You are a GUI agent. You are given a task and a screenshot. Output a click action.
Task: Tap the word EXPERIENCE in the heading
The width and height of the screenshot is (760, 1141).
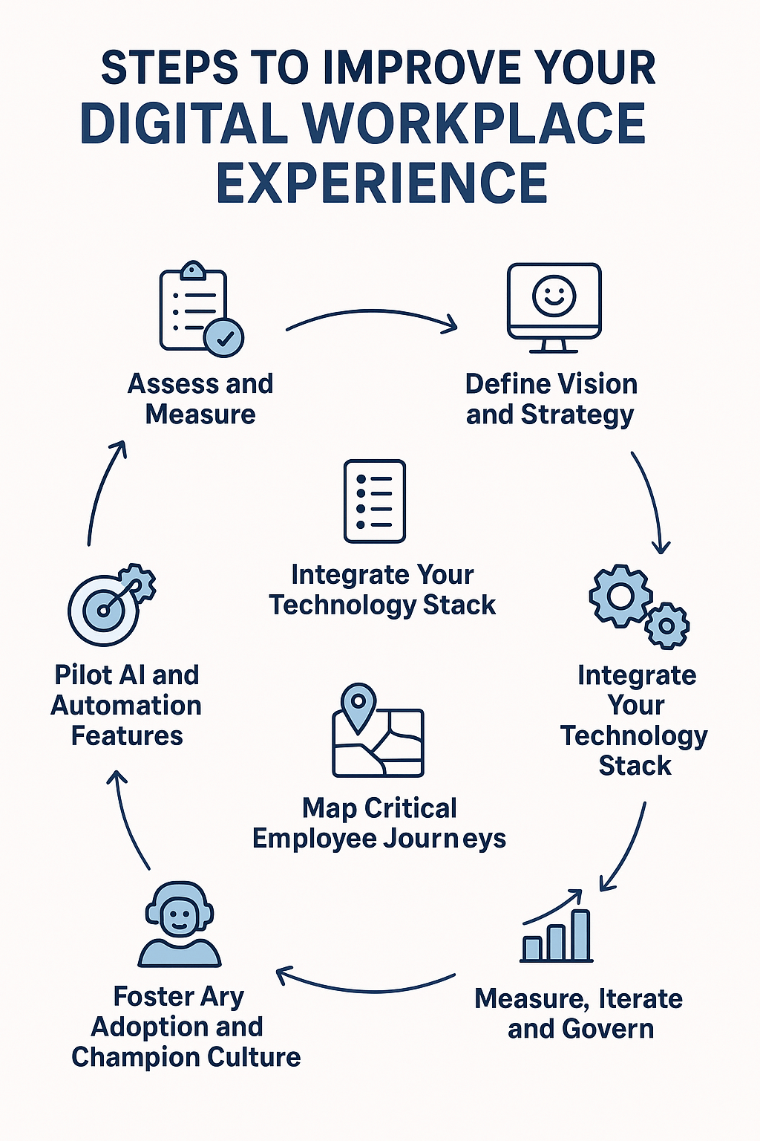click(381, 183)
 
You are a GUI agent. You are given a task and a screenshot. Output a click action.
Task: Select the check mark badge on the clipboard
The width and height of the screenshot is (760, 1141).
click(223, 338)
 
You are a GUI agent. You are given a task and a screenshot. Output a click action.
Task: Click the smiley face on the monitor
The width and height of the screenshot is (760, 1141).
click(554, 295)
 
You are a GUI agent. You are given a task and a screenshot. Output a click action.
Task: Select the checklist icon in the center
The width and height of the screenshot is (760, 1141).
click(375, 501)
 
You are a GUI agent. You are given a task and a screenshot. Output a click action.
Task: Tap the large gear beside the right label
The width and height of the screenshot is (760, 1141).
click(620, 596)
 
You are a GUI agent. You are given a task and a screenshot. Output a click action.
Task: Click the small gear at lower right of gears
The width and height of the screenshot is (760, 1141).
click(666, 625)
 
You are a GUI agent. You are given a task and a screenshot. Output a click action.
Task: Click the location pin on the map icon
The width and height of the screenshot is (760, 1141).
click(358, 703)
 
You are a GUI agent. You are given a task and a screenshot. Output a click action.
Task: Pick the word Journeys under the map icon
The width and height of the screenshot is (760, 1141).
click(445, 839)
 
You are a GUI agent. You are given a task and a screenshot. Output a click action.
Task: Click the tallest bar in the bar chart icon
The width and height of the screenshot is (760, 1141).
click(580, 935)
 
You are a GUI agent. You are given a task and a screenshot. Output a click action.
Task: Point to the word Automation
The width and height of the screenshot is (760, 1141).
click(126, 706)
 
